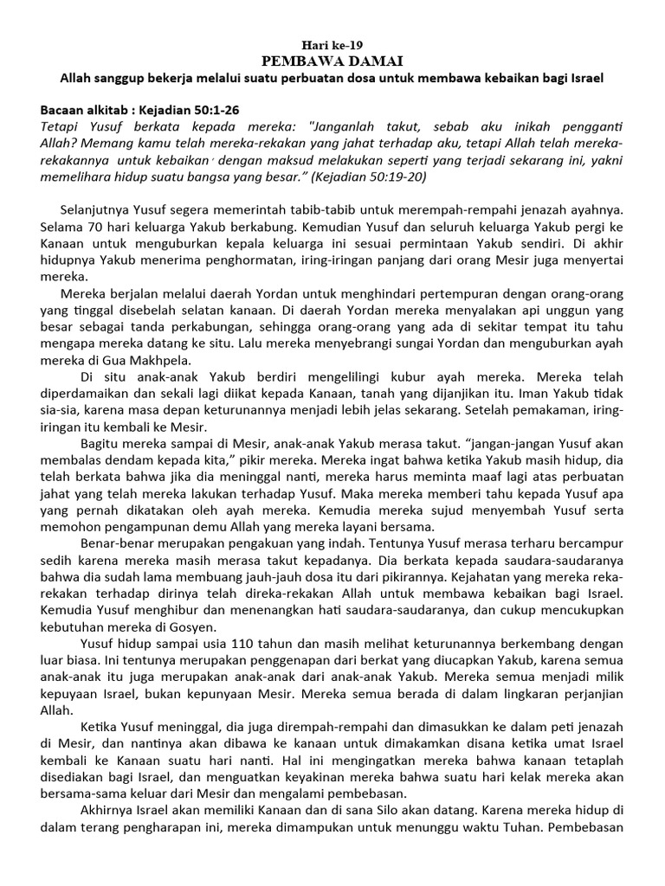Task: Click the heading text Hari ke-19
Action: tap(332, 45)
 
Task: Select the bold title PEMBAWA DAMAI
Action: tap(332, 61)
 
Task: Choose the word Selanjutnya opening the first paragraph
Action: tap(97, 209)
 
